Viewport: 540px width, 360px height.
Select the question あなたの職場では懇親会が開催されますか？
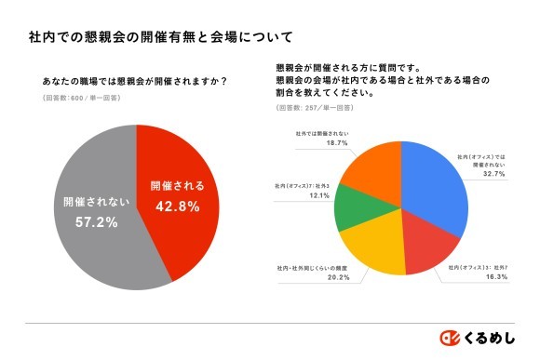(135, 80)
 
